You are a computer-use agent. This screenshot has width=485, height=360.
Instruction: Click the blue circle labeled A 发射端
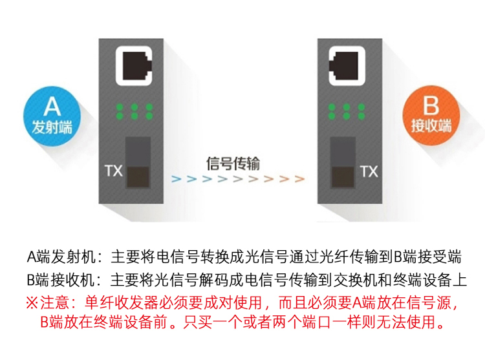pos(52,116)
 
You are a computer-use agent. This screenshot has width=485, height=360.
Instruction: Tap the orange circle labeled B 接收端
pos(431,116)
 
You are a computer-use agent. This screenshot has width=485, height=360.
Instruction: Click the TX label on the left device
pos(114,171)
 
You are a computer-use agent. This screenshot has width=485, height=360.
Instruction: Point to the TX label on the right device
pos(369,172)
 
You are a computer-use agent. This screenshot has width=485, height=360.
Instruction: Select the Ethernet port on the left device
pos(135,66)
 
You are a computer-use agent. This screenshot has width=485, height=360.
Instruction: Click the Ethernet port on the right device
pos(347,66)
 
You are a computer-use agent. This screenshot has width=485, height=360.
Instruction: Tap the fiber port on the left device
pos(138,162)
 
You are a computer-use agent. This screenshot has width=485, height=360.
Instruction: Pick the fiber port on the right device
pos(343,162)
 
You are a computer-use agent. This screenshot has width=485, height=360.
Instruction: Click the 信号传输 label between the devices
pos(233,164)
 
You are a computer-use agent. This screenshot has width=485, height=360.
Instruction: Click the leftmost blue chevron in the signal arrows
pos(177,178)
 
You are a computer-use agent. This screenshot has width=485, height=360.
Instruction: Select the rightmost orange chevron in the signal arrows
pos(299,178)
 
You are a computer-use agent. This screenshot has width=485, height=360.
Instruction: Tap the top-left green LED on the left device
pos(120,107)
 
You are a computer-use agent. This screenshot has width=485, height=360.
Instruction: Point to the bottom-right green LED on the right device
pos(361,116)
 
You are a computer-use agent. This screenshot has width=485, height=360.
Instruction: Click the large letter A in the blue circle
pos(52,107)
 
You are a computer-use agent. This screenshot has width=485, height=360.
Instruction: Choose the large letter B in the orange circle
pos(431,106)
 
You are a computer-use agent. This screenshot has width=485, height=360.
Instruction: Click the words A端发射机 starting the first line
pos(61,257)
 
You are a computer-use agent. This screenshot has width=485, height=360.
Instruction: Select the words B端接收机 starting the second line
pos(61,280)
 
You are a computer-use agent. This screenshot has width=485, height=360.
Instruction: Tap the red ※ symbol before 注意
pos(32,302)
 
